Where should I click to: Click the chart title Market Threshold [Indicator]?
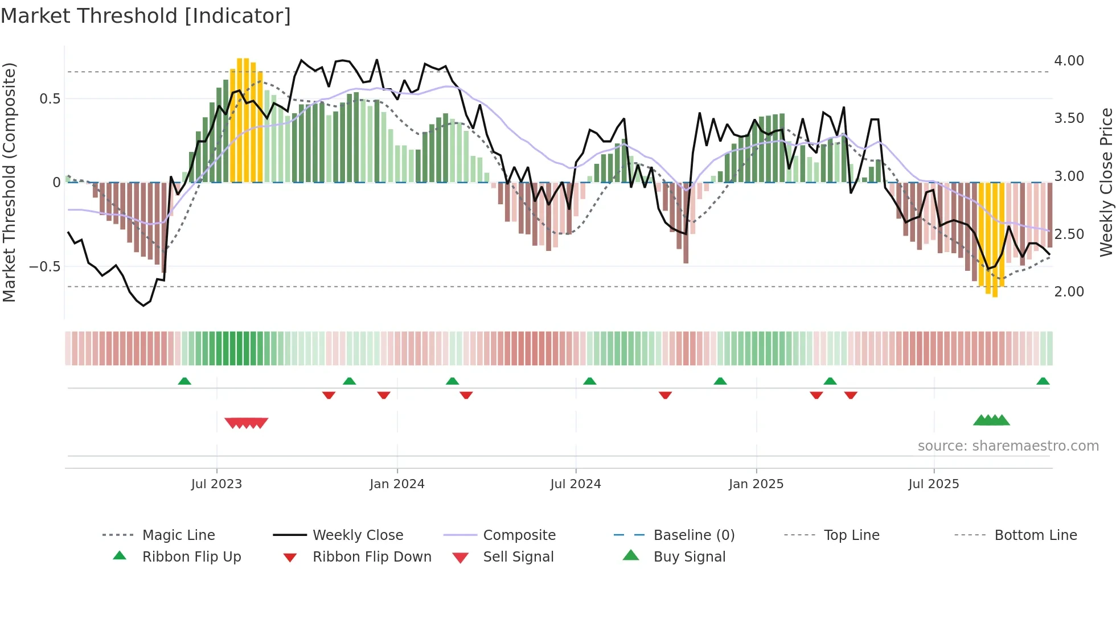click(x=146, y=16)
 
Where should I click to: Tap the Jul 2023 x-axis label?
click(x=216, y=484)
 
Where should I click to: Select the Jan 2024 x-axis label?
click(x=397, y=484)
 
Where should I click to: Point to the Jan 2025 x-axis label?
click(x=756, y=484)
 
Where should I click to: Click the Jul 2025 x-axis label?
click(x=934, y=484)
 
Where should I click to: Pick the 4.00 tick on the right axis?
click(x=1069, y=61)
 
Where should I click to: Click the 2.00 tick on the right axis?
click(x=1069, y=291)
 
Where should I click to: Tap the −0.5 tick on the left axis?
click(x=45, y=266)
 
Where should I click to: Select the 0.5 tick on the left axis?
click(x=50, y=99)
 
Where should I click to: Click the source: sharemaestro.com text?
click(x=1008, y=446)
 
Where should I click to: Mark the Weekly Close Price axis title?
click(x=1106, y=182)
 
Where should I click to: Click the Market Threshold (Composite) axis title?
click(x=9, y=182)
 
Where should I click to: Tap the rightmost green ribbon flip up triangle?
click(x=1043, y=381)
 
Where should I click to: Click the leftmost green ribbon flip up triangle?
click(x=184, y=381)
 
